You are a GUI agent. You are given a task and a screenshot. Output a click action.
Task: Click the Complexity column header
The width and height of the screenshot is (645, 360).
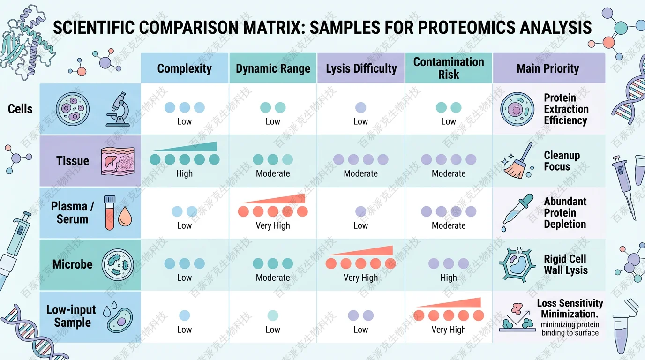pyautogui.click(x=184, y=69)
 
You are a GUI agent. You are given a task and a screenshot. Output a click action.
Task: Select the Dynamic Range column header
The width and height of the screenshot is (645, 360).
pyautogui.click(x=273, y=69)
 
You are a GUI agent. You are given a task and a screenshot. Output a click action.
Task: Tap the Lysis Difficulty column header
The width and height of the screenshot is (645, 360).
pyautogui.click(x=361, y=69)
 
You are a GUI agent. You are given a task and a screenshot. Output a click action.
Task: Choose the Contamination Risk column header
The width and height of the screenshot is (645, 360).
pyautogui.click(x=449, y=68)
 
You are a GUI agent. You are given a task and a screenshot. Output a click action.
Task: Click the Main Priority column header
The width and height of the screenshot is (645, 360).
pyautogui.click(x=547, y=69)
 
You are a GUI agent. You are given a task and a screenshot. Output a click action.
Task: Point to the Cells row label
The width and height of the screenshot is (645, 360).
pyautogui.click(x=21, y=109)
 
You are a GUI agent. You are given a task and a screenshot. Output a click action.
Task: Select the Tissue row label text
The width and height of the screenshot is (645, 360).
pyautogui.click(x=72, y=161)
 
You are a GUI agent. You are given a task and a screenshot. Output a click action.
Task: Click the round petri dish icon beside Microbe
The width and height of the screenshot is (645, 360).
pyautogui.click(x=118, y=265)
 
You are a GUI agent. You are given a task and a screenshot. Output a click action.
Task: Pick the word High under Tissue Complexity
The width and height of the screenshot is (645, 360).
pyautogui.click(x=184, y=173)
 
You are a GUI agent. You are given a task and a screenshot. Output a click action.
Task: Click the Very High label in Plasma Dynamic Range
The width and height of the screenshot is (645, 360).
pyautogui.click(x=273, y=225)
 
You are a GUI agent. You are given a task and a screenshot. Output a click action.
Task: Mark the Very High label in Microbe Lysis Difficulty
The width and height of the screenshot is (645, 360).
pyautogui.click(x=360, y=277)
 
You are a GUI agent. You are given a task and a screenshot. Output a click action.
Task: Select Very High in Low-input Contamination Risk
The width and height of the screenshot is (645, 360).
pyautogui.click(x=449, y=330)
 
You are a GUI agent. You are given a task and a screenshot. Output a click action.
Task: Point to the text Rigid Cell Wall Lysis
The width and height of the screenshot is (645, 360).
pyautogui.click(x=565, y=265)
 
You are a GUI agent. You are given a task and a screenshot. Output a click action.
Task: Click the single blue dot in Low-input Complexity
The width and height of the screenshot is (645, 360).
pyautogui.click(x=184, y=315)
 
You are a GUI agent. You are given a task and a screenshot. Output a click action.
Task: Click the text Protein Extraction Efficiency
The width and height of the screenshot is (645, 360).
pyautogui.click(x=565, y=109)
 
